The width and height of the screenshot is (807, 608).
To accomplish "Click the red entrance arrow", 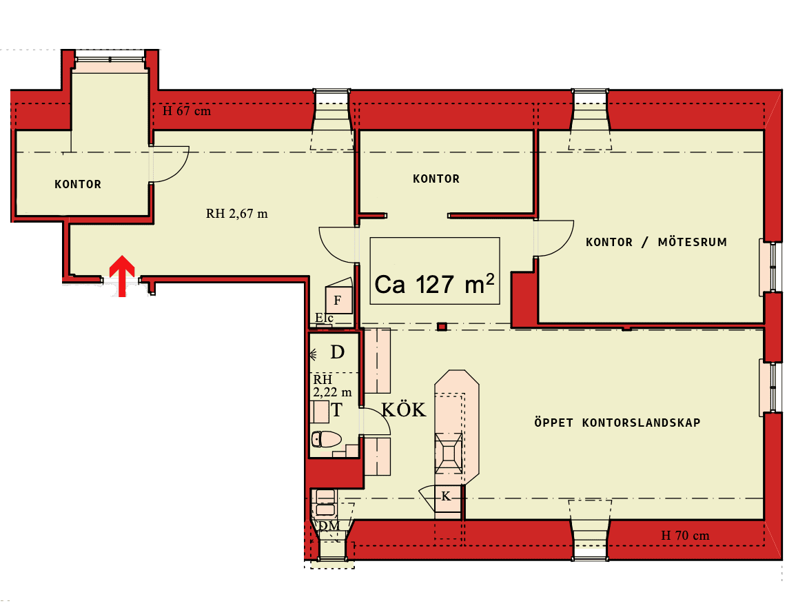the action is click(122, 276).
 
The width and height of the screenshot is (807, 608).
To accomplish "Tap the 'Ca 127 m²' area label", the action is click(434, 284).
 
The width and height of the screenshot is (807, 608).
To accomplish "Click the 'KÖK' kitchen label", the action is click(404, 409).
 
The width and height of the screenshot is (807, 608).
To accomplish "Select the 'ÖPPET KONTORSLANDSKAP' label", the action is click(617, 423).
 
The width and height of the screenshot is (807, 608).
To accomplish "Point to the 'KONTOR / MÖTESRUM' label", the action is click(656, 242).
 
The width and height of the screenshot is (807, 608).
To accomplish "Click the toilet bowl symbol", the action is click(326, 439).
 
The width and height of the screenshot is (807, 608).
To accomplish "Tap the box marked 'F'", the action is click(338, 300).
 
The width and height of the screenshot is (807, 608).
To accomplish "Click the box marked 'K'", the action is click(446, 496).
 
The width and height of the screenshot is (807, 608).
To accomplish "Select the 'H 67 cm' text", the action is click(187, 111).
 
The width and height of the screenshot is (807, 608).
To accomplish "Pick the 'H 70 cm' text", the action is click(685, 536).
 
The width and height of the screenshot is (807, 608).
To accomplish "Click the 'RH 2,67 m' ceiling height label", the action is click(237, 213).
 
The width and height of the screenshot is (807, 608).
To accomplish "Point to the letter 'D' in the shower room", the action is click(337, 352).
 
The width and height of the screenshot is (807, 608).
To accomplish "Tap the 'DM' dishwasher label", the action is click(329, 526).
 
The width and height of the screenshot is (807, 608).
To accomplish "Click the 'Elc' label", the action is click(324, 318).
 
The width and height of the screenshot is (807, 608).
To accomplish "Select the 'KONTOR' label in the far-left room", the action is click(78, 184).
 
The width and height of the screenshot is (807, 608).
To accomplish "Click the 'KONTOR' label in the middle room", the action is click(436, 179).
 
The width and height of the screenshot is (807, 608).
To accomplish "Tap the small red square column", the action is click(442, 326).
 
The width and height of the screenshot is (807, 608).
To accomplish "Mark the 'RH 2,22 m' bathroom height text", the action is click(332, 385).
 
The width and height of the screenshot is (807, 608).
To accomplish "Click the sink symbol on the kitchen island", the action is click(449, 453).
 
